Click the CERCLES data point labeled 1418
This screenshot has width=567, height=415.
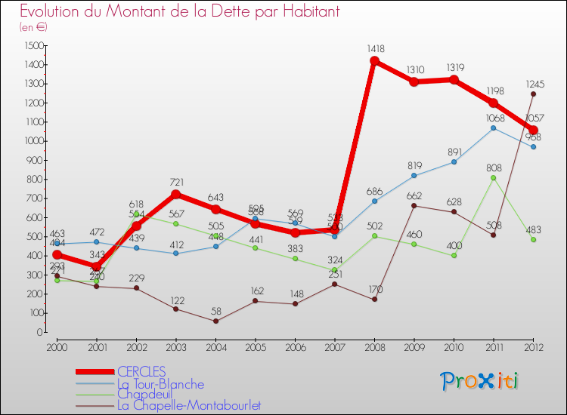[x=374, y=61]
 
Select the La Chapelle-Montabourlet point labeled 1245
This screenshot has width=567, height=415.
[x=533, y=94]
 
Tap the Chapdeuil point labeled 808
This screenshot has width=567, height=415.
[x=493, y=178]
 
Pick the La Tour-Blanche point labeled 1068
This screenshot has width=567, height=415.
[x=493, y=128]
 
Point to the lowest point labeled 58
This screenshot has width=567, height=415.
[x=215, y=321]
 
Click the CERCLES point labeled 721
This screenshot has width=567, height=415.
[x=175, y=194]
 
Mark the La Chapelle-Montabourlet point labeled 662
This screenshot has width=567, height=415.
[x=414, y=205]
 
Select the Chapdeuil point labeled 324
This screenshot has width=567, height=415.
[x=334, y=270]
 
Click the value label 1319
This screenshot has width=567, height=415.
[x=454, y=67]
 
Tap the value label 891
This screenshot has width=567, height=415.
[x=454, y=149]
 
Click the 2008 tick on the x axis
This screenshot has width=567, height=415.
[x=374, y=346]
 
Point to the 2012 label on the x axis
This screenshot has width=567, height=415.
[x=533, y=346]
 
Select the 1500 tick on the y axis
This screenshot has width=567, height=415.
[x=33, y=45]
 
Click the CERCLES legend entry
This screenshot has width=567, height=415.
[x=141, y=371]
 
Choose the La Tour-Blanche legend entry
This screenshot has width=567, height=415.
[x=160, y=384]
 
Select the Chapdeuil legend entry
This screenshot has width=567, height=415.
[x=144, y=394]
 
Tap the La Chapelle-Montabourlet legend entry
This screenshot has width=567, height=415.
[x=190, y=405]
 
